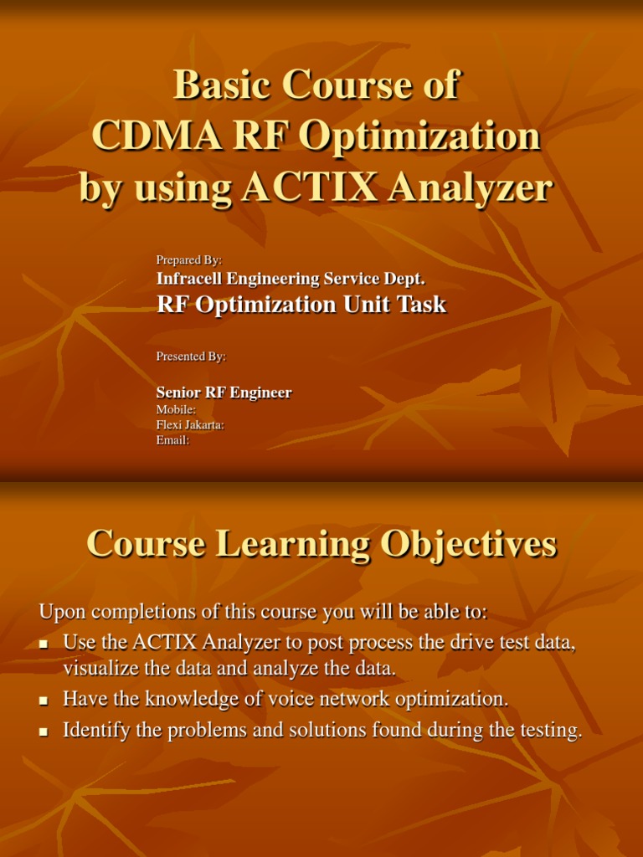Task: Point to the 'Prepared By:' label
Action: click(x=189, y=260)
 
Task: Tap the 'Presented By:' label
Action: click(x=191, y=357)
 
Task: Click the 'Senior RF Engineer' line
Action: click(x=224, y=393)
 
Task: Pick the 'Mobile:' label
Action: click(x=176, y=410)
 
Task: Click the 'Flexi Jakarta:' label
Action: click(x=190, y=425)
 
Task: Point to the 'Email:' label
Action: click(x=172, y=440)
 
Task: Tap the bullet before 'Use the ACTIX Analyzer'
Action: click(x=44, y=644)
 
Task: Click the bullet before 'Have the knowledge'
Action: click(x=44, y=700)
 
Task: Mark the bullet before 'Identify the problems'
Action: click(x=44, y=731)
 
